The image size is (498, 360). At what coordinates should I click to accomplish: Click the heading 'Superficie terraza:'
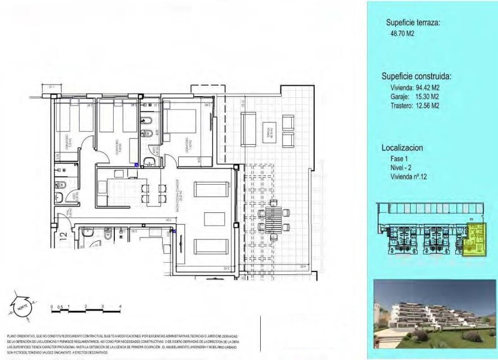tap(412, 23)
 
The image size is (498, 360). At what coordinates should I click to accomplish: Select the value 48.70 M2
tap(398, 35)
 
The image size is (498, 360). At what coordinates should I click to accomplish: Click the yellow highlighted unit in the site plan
tap(475, 241)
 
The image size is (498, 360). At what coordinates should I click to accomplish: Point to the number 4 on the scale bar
tap(120, 306)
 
